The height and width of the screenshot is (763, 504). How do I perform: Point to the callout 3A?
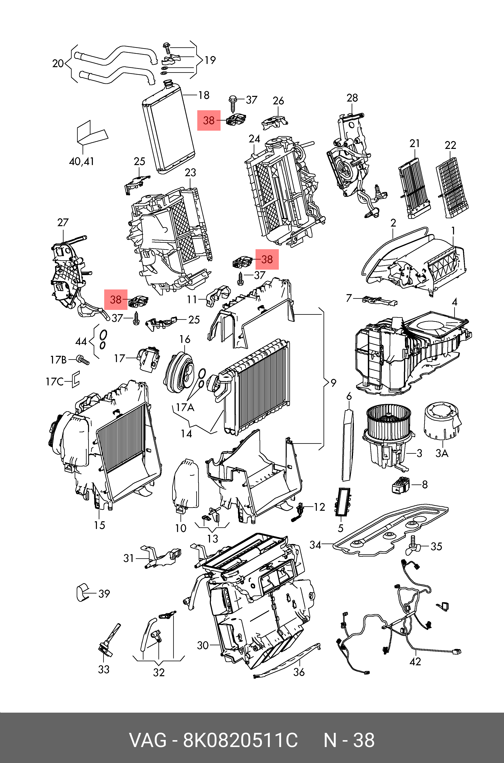point(442,453)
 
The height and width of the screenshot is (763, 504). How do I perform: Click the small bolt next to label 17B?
point(83,360)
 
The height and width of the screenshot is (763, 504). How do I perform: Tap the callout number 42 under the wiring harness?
point(415,661)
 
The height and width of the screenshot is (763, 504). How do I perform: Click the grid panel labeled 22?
point(452,187)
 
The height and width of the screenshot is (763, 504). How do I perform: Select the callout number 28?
point(352,98)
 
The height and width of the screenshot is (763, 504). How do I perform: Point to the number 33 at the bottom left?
point(104,670)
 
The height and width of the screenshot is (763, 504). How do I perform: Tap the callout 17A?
point(185,407)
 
